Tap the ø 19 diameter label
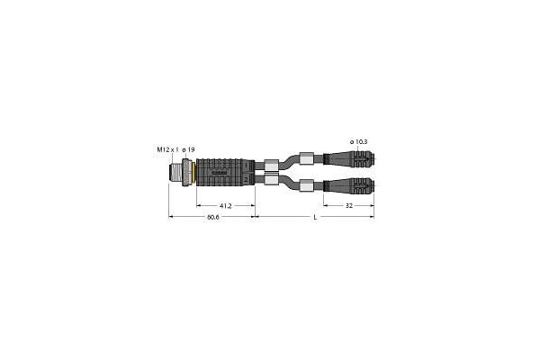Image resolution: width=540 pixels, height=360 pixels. point(184,148)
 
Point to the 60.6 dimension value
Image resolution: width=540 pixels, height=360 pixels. point(212,219)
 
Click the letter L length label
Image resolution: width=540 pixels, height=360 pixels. point(313,219)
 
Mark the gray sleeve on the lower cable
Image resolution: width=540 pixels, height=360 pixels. point(307,185)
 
